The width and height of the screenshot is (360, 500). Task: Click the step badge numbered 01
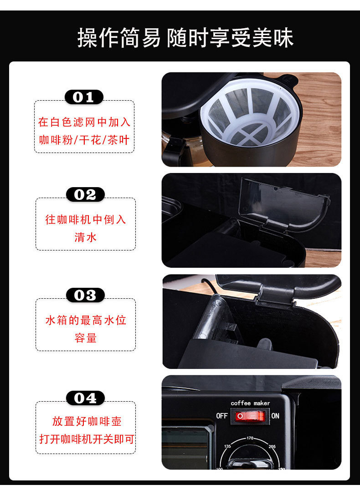[84, 97]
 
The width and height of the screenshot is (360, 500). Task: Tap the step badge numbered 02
[85, 194]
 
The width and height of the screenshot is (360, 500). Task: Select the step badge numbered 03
[85, 295]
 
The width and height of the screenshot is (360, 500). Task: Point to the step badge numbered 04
[85, 398]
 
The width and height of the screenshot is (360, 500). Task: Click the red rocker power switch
[249, 416]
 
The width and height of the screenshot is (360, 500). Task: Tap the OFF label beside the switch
[222, 416]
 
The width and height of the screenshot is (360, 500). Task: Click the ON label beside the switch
[275, 416]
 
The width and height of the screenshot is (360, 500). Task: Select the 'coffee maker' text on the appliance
[250, 403]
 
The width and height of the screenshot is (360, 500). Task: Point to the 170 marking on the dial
[250, 438]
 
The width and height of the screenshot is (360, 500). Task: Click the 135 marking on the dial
[227, 446]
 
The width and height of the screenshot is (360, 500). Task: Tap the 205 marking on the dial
[272, 446]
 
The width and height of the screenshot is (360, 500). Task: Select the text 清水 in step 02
[86, 237]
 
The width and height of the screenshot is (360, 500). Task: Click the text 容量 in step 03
[86, 338]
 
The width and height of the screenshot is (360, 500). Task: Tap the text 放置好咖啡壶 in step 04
[87, 421]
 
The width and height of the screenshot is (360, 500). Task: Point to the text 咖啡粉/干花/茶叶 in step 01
[84, 140]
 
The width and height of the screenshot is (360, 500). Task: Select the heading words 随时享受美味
[230, 38]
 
